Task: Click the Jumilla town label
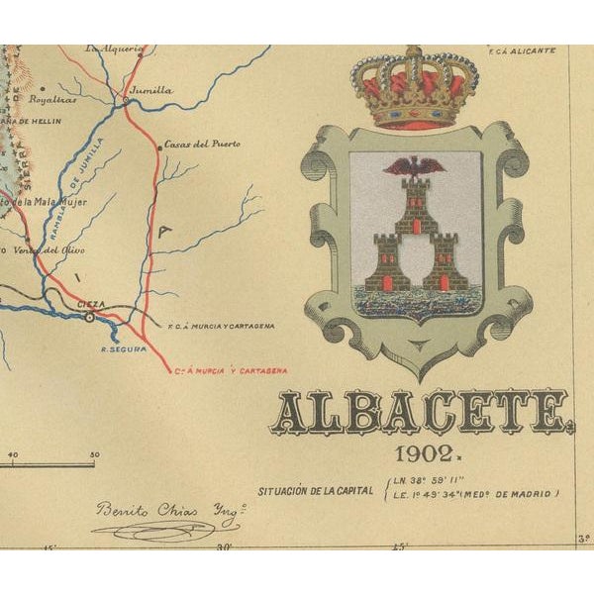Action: tap(151, 90)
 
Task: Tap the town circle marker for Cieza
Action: tap(89, 317)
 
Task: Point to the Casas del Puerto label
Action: tap(202, 144)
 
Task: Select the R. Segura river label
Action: tap(123, 348)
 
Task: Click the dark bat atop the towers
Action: tap(416, 166)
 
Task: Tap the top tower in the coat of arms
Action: tap(416, 203)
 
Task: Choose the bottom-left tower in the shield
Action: tap(387, 262)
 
